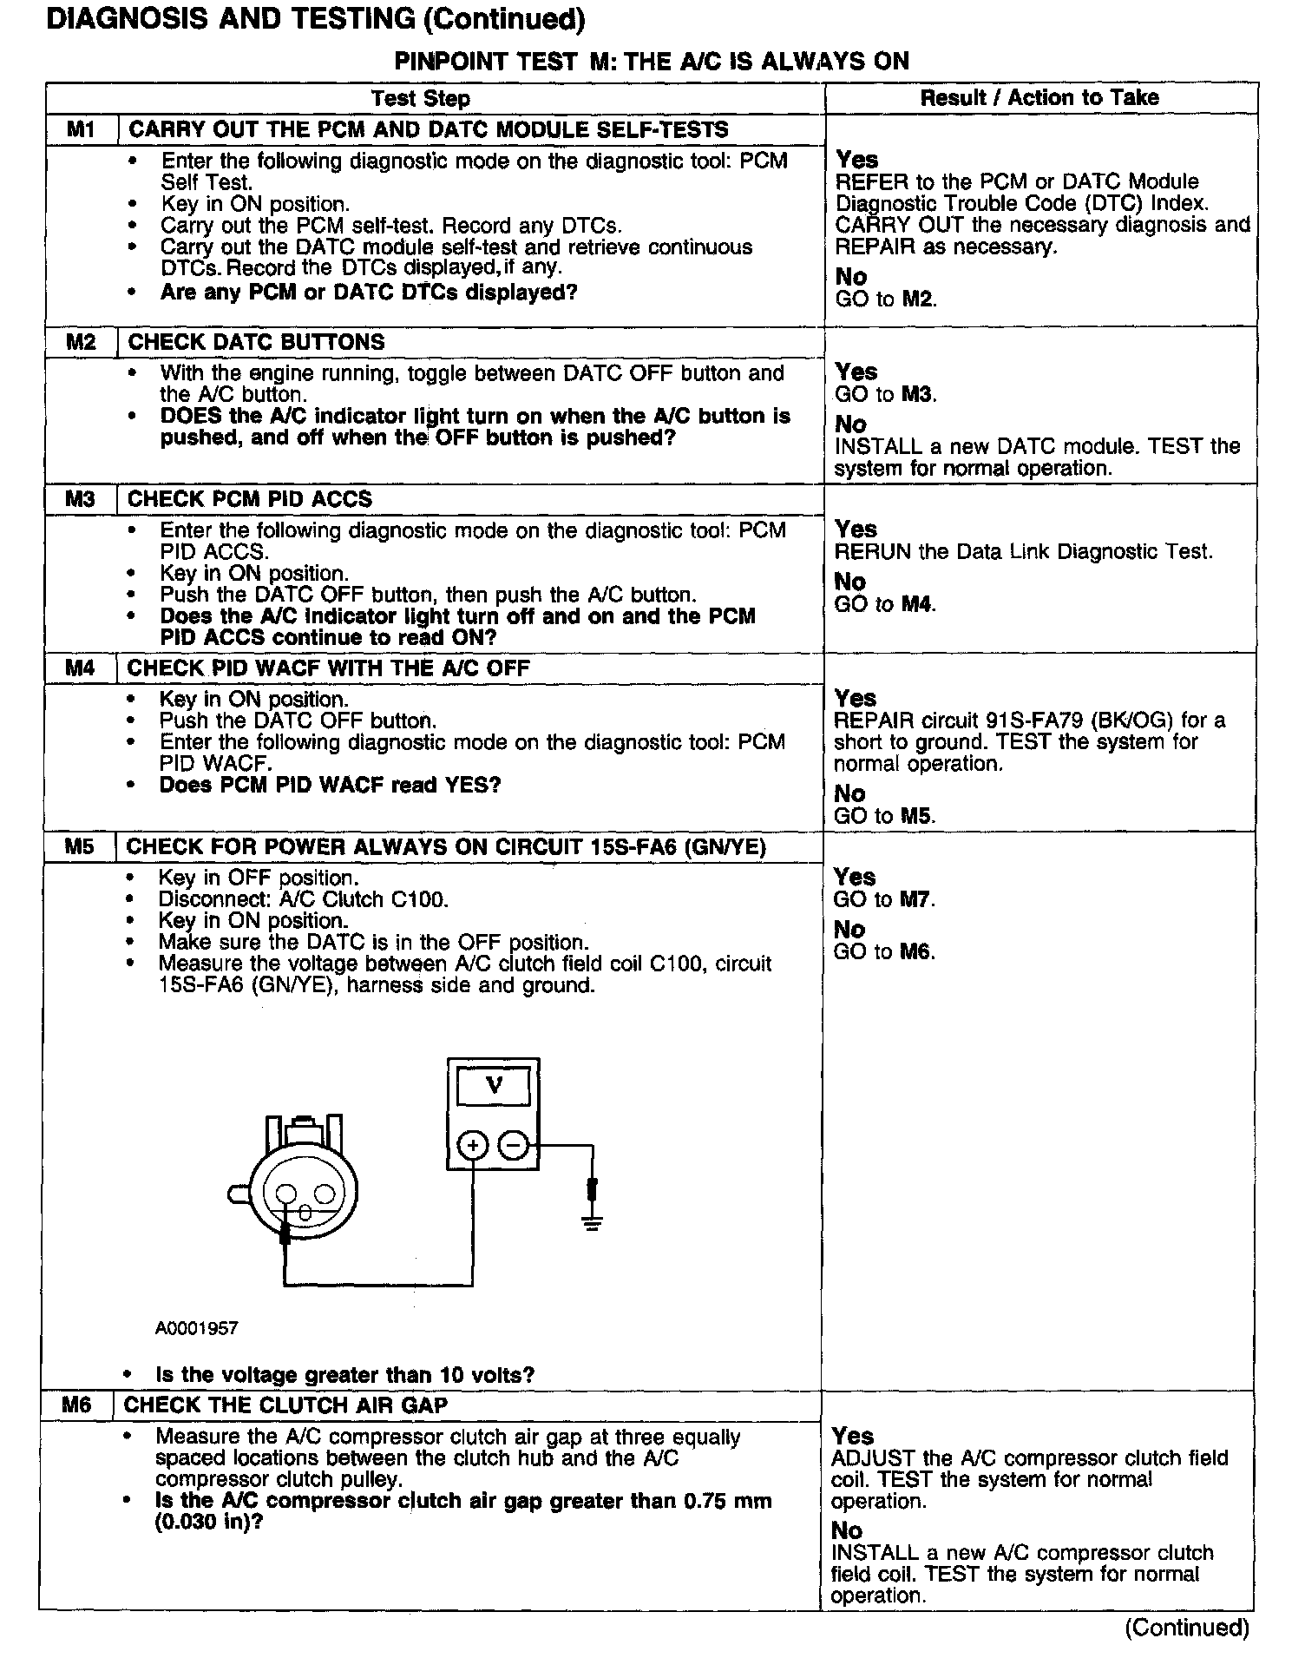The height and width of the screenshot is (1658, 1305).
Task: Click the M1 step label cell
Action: coord(80,130)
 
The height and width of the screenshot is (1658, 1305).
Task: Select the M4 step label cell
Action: coord(79,668)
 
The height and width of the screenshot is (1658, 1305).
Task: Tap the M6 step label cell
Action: coord(76,1405)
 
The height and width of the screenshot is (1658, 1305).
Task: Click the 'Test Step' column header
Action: coord(420,98)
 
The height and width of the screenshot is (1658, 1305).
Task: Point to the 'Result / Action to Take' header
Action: coord(1039,97)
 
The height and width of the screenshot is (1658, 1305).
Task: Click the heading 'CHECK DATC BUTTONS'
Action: coord(256,342)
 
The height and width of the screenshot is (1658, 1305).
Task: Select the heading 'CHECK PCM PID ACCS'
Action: coord(249,499)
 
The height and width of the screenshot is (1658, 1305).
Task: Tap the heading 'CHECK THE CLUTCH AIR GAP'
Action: coord(285,1405)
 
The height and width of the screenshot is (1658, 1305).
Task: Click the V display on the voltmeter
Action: coord(494,1085)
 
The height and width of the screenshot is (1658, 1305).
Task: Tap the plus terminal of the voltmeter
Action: coord(473,1147)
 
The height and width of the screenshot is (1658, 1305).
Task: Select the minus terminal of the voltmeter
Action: coord(514,1147)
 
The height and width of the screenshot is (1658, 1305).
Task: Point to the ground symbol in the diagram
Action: coord(593,1222)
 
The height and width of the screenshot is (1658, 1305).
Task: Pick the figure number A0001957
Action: coord(197,1328)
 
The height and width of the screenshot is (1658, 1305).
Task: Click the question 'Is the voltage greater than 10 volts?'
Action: coord(344,1375)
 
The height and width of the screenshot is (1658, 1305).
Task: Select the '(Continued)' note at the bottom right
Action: coord(1186,1628)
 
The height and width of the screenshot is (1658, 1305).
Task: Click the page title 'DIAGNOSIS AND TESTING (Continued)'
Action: coord(315,19)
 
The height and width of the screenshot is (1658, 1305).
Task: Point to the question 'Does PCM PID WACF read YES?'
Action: coord(330,786)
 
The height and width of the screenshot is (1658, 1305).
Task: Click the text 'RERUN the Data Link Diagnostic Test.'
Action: coord(1023,552)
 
